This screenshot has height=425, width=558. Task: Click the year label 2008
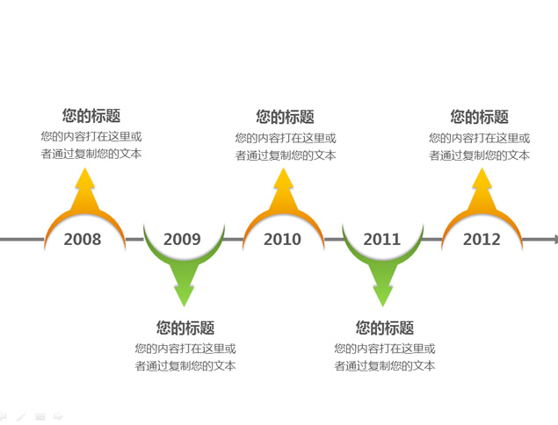pos(83,239)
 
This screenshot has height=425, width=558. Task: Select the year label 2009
pos(182,239)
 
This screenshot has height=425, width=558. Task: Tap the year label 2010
pos(282,239)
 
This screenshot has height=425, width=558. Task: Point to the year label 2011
pos(382,239)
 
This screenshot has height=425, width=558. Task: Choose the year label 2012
pos(482,239)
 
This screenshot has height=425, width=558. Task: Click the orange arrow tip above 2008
pos(84,169)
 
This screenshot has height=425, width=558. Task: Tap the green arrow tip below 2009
pos(184,306)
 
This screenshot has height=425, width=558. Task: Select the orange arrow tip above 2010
pos(283,169)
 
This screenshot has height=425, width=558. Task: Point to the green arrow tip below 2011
pos(382,306)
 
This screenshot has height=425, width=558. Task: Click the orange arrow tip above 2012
pos(482,169)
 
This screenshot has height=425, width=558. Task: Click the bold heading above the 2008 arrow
pos(91,116)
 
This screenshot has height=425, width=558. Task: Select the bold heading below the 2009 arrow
pos(185,328)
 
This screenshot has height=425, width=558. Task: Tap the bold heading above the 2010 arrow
pos(285,117)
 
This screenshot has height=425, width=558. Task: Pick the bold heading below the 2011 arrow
pos(385,328)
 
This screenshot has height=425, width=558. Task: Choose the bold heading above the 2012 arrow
pos(480,117)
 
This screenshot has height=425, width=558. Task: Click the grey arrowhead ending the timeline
pos(555,240)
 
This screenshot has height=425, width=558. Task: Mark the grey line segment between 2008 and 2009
pos(134,240)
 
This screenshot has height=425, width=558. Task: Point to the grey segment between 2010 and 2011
pos(334,240)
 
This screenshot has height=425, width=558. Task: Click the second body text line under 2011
pos(385,365)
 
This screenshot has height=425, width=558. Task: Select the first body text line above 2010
pos(286,138)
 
